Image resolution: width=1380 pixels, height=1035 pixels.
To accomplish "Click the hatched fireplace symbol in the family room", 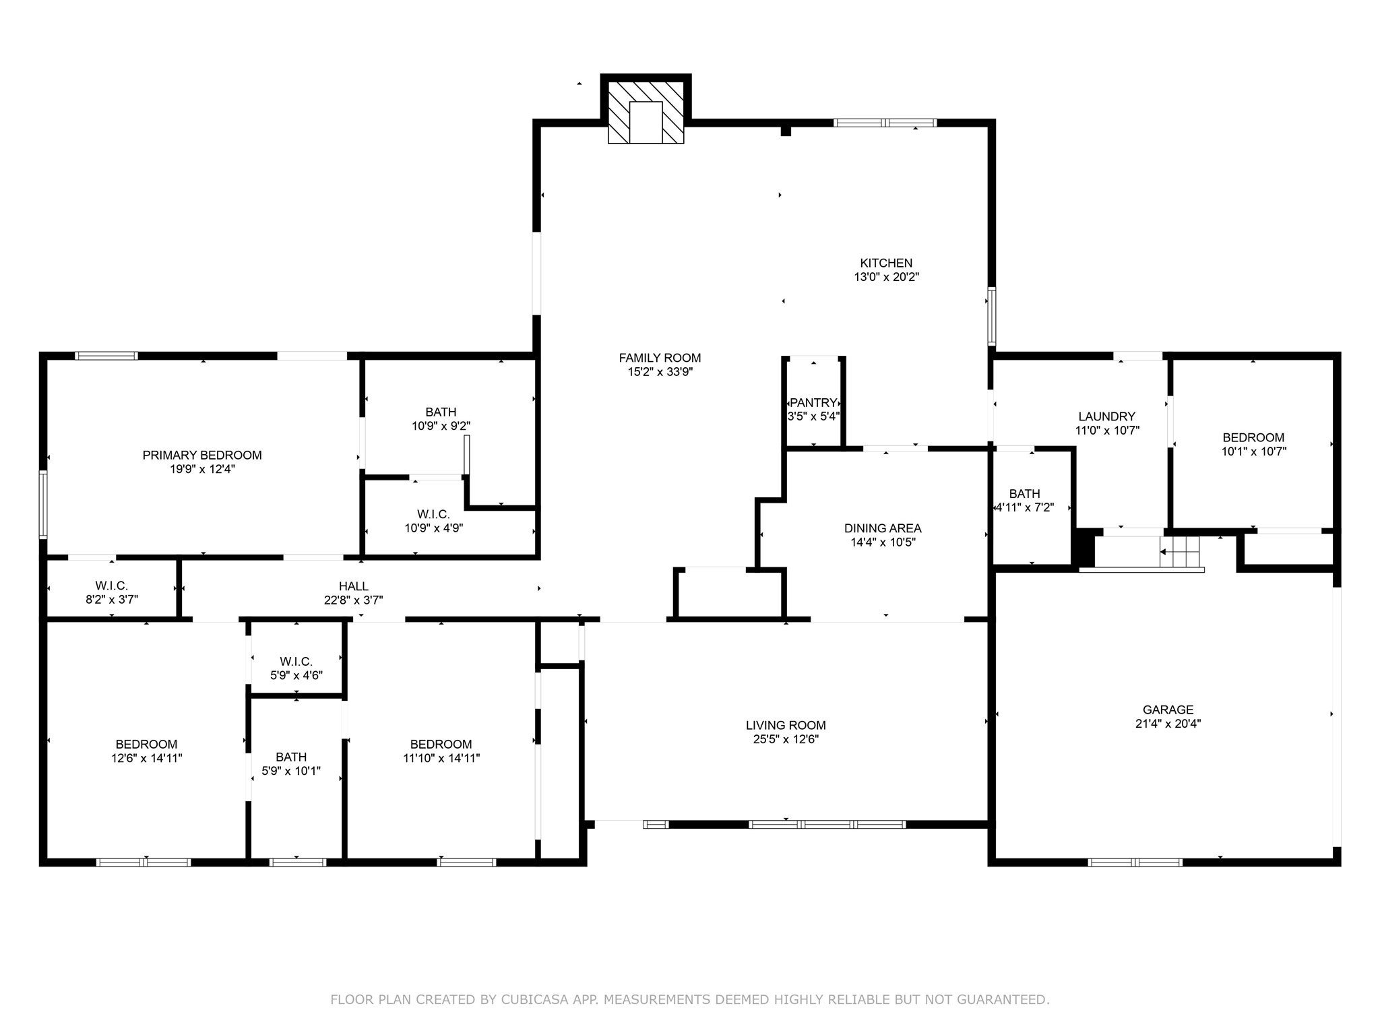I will (x=646, y=113).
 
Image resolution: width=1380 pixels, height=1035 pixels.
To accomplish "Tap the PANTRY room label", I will (x=813, y=402).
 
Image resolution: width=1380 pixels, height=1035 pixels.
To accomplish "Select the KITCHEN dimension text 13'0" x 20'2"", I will (x=886, y=277).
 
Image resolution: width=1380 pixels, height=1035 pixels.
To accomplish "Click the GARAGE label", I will (x=1168, y=710).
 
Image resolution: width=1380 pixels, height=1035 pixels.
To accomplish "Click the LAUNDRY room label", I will (x=1106, y=416).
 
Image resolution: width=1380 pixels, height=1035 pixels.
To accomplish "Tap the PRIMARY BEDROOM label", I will (x=202, y=456).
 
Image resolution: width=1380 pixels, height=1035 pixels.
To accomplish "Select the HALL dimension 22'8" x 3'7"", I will (x=353, y=600).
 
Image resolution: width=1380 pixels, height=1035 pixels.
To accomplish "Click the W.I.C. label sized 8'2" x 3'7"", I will (x=111, y=586).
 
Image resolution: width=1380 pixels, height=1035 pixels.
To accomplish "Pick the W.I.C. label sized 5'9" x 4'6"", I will (x=296, y=662).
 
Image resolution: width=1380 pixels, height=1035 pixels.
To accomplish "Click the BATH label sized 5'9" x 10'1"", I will (x=291, y=757).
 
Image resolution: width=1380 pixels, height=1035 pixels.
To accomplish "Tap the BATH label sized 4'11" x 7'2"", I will (x=1024, y=494).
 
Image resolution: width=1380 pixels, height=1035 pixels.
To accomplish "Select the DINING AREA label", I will (x=883, y=528).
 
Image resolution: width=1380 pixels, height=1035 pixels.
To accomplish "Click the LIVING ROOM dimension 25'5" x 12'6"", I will (x=786, y=739).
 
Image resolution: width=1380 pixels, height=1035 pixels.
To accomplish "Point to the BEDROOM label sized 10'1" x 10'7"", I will (x=1253, y=437).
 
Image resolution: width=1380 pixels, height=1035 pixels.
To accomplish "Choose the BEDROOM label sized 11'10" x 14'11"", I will (x=441, y=744).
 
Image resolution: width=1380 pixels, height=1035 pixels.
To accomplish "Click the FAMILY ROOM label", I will (x=660, y=358).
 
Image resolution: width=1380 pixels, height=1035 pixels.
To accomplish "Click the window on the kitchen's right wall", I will (x=992, y=316).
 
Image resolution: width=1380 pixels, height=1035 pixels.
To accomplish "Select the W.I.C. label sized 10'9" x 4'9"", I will (x=433, y=514).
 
